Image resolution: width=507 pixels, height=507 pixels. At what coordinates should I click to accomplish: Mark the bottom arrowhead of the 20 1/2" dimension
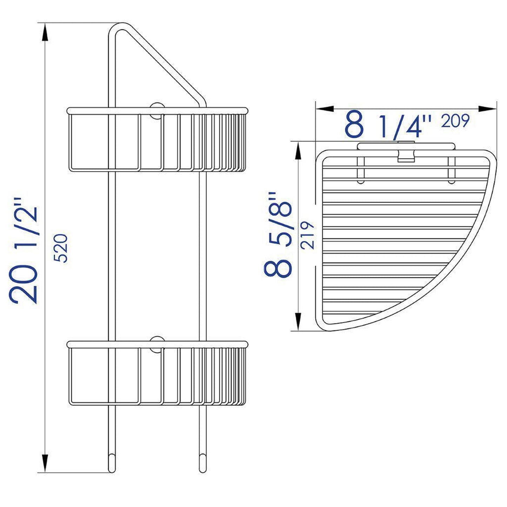point(45,461)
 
